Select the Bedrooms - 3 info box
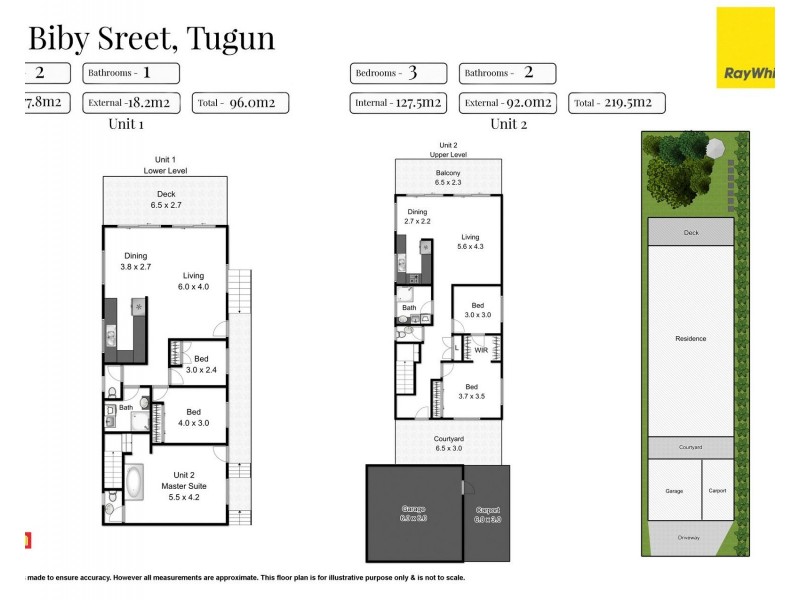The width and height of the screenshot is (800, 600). pos(398,73)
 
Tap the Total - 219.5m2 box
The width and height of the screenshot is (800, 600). pos(616,102)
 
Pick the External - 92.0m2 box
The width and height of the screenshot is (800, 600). pos(508,102)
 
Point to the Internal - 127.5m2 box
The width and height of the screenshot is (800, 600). pos(399,102)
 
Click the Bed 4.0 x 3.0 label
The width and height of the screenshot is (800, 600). pos(195,416)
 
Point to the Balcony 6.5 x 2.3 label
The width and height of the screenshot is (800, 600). pos(447,178)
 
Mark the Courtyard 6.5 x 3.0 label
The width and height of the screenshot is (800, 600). pos(449,444)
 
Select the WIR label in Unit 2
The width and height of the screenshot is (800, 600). pos(480,350)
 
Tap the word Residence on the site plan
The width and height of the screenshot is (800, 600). pos(691,339)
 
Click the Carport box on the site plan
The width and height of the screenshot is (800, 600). pos(716,490)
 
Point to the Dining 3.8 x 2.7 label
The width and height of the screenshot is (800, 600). pos(137,262)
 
